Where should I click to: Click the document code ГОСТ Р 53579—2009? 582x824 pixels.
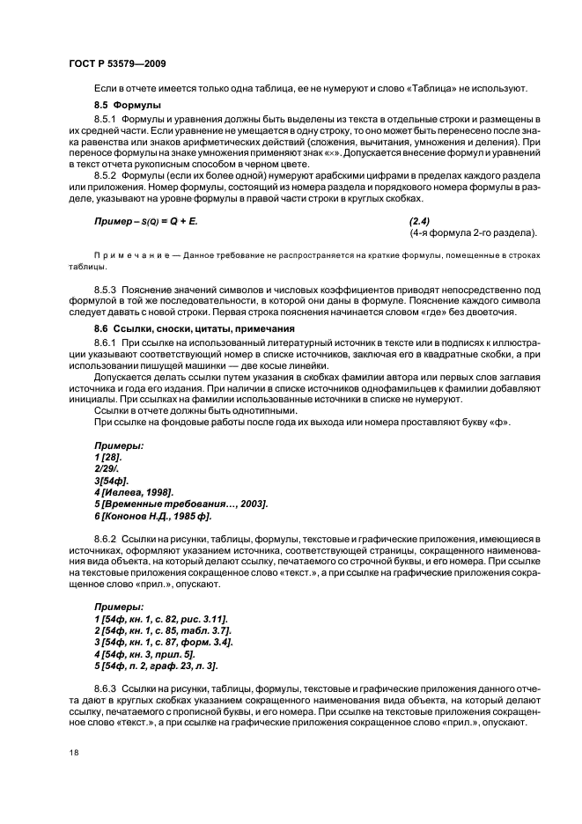coord(114,63)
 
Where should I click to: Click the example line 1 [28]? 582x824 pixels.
coord(108,457)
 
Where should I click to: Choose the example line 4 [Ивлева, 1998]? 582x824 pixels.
coord(133,491)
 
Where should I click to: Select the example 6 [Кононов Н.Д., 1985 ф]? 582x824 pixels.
coord(152,514)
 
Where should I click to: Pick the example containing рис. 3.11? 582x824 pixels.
coord(161,620)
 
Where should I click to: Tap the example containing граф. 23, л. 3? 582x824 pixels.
coord(156,666)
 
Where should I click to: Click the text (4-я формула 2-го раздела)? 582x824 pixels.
coord(473,232)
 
